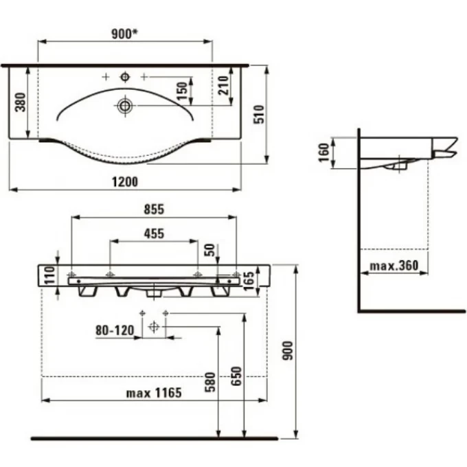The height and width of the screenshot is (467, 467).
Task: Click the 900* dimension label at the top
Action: pos(124,34)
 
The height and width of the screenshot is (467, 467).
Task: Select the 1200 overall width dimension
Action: pos(125,182)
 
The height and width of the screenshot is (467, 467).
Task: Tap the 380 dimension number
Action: pos(21,102)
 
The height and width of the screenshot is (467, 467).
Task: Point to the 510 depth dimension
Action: pos(259,114)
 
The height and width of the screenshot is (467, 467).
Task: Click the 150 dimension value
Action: pos(182,91)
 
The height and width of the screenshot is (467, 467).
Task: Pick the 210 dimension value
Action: pos(223,85)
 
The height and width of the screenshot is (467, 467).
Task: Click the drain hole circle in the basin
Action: pos(125,106)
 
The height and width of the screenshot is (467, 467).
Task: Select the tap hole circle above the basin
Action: pos(125,77)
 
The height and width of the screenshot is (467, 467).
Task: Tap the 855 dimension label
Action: pos(154,209)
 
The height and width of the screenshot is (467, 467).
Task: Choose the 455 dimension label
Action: pos(154,233)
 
